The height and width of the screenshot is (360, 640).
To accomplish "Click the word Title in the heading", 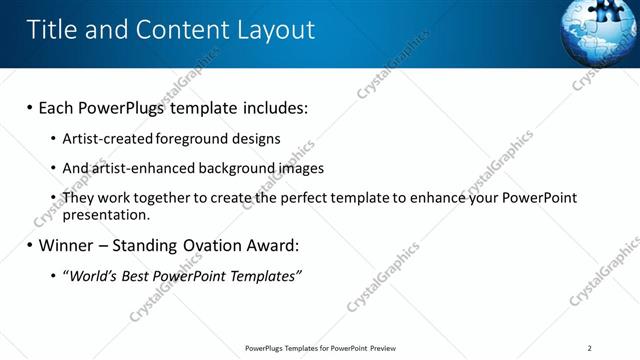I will click(x=51, y=29).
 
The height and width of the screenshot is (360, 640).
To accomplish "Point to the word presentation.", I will click(x=106, y=214).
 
